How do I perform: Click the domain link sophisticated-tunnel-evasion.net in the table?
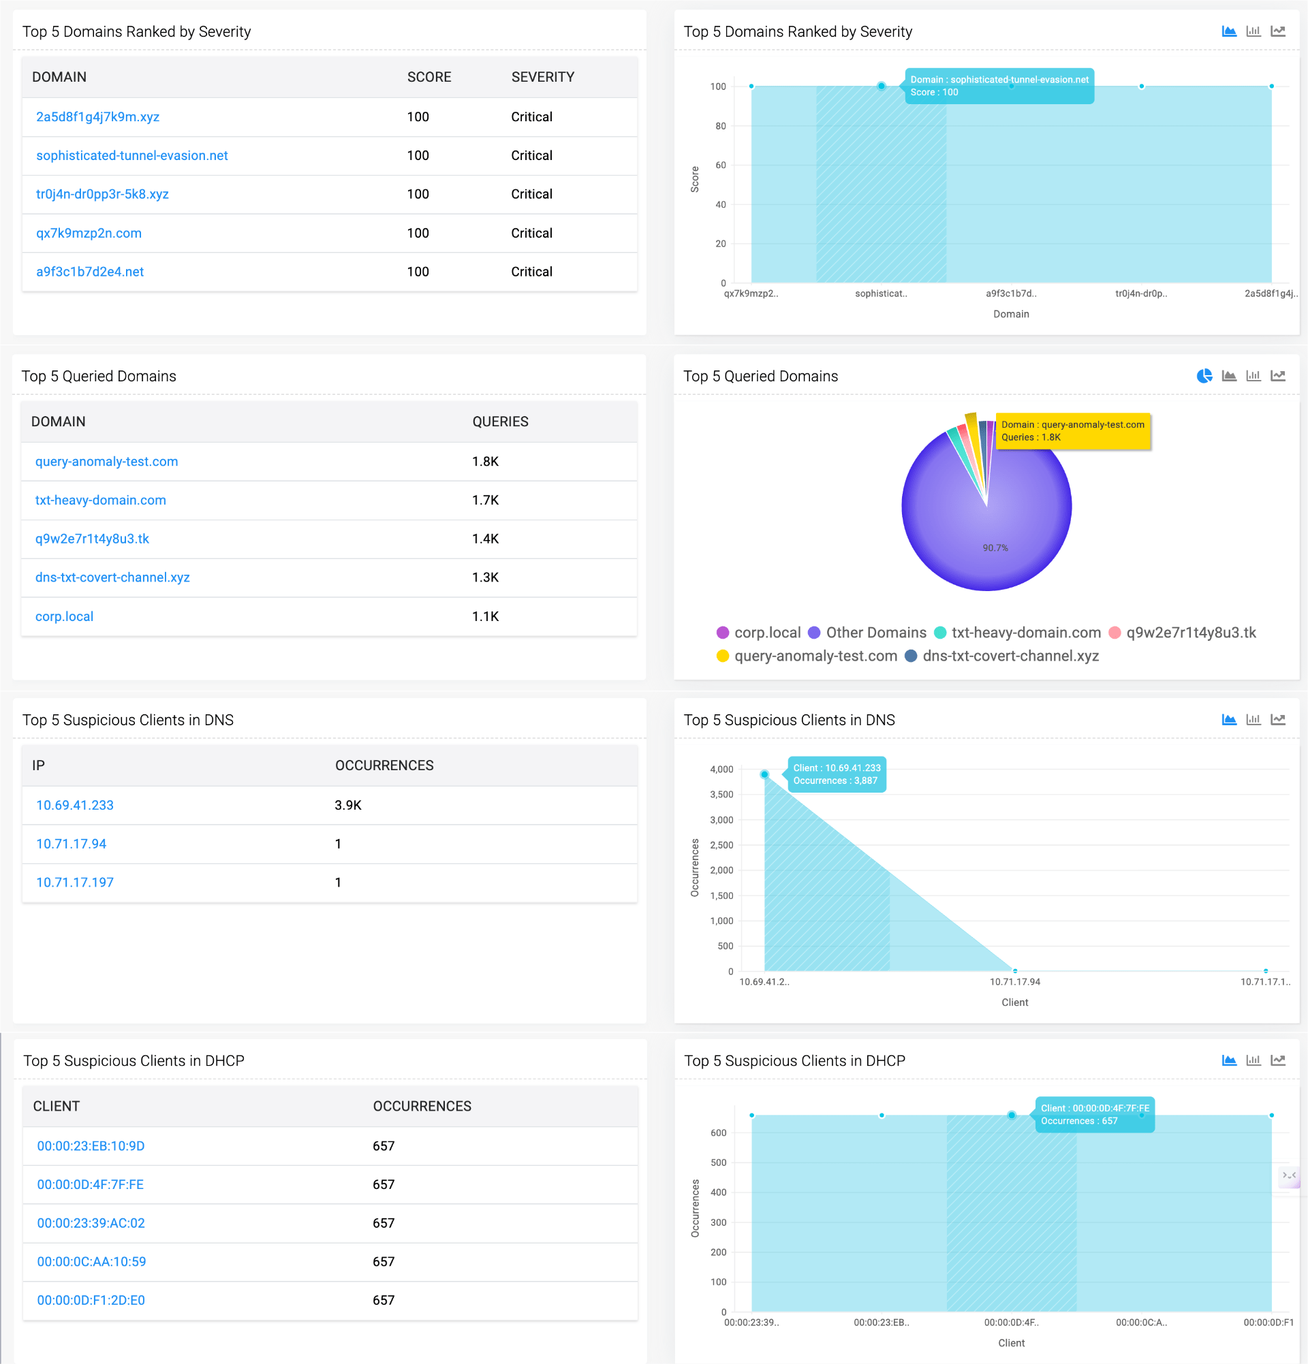(131, 155)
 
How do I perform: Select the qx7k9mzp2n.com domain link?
(89, 233)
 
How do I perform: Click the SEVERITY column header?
(542, 77)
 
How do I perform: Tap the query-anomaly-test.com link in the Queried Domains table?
(106, 462)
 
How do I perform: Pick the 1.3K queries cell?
(485, 577)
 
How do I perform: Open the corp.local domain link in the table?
(64, 616)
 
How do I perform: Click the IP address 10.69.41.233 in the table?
(74, 805)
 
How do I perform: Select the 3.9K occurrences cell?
(347, 805)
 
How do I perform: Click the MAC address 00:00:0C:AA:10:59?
(91, 1262)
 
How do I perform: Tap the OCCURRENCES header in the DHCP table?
(422, 1107)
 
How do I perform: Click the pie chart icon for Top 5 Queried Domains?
(1204, 376)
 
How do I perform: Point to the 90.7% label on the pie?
(995, 548)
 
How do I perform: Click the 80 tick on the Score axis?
(720, 126)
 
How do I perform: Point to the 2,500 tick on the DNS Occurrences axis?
(721, 845)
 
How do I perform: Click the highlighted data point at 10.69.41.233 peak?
(764, 774)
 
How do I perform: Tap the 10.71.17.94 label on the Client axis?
(1014, 982)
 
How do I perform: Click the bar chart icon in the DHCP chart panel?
(1253, 1060)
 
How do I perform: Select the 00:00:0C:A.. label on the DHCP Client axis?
(1141, 1322)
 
